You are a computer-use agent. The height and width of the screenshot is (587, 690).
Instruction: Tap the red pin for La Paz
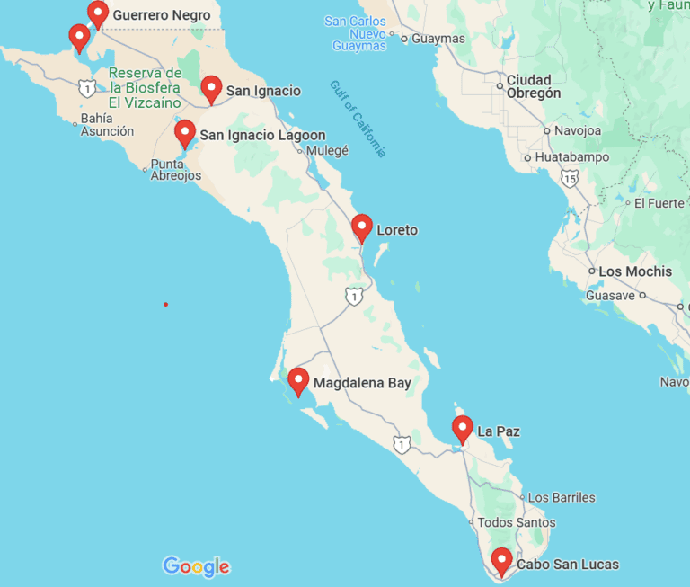(462, 429)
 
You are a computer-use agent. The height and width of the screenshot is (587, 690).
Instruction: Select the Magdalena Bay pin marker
(298, 381)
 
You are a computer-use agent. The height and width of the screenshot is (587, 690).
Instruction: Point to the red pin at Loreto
(362, 227)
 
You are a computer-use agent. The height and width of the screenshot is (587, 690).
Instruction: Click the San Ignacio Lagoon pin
(185, 133)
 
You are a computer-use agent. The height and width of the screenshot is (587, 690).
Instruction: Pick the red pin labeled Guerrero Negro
(98, 13)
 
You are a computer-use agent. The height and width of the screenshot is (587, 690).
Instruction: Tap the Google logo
(196, 566)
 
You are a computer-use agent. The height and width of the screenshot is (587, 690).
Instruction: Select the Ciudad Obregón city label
(534, 86)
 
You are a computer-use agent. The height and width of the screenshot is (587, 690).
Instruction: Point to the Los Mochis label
(635, 271)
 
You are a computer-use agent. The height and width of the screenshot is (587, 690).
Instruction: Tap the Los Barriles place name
(562, 497)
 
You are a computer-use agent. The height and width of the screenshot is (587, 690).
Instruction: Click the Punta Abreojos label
(176, 170)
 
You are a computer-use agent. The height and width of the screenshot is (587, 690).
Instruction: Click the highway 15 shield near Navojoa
(569, 180)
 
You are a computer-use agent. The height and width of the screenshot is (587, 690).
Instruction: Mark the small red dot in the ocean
(165, 305)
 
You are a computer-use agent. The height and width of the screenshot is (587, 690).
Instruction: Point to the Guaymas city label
(438, 39)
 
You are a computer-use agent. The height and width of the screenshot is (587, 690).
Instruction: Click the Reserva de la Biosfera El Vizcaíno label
(145, 88)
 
